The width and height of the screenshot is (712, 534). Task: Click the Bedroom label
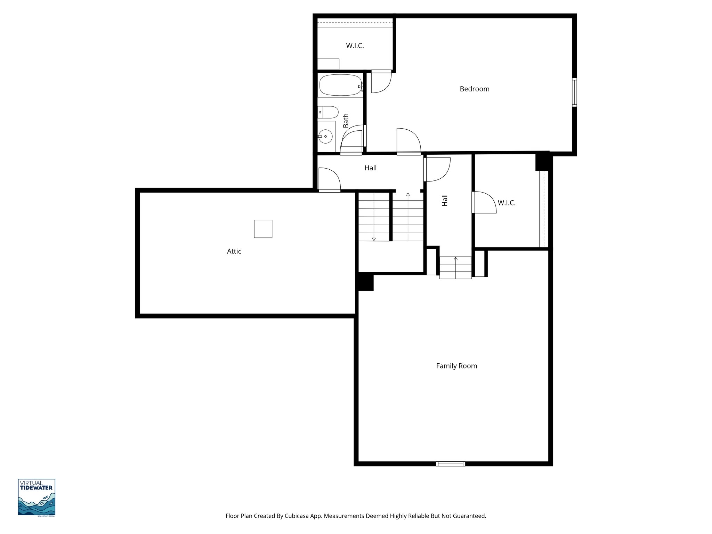coord(474,89)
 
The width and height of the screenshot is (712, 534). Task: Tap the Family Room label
coord(456,366)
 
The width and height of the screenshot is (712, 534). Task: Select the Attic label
coord(234,251)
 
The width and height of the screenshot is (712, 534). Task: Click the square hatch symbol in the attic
coord(263,229)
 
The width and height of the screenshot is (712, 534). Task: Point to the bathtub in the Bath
coord(340,85)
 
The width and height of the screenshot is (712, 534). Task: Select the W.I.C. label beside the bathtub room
coord(355,46)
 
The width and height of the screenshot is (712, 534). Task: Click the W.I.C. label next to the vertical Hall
coord(506,203)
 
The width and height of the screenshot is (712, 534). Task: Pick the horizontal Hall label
coord(370,168)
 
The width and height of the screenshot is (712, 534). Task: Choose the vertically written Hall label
coord(445,200)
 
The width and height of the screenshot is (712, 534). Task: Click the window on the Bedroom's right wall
coord(574,92)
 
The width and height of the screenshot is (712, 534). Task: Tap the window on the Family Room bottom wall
coord(451,463)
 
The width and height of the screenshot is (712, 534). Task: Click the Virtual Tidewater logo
coord(37,497)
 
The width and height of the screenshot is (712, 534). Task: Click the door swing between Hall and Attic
coord(329,179)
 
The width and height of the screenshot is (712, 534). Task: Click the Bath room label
coord(346,121)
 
